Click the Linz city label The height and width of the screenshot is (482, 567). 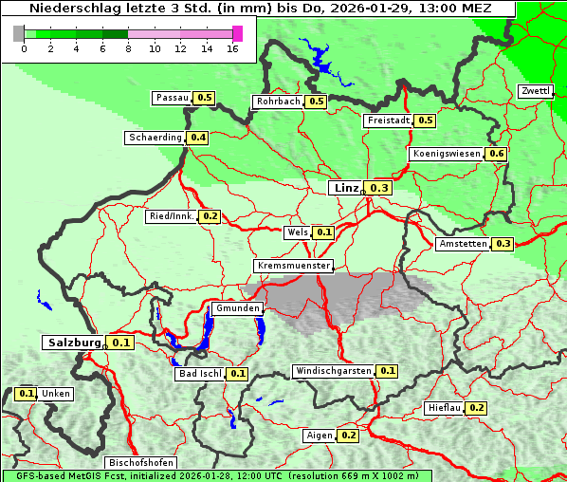point(345,188)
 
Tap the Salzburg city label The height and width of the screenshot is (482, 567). point(73,343)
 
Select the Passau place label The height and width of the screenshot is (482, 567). point(173,98)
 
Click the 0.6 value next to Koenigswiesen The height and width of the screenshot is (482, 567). point(497,154)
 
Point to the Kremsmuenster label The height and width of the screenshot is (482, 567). point(294,266)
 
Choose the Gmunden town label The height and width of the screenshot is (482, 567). point(237,308)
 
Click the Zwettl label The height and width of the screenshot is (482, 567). point(536,91)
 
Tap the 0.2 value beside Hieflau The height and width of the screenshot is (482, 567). point(477,408)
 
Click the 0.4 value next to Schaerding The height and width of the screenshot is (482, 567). point(198,138)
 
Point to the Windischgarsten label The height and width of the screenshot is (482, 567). point(333,371)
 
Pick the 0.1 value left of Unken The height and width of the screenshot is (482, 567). point(27,393)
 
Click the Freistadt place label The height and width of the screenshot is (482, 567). point(387,120)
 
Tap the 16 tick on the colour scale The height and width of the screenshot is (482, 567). point(232,48)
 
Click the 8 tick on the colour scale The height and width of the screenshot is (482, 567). point(128,48)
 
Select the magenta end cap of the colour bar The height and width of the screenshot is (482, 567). point(237,33)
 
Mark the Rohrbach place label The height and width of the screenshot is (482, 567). point(278,102)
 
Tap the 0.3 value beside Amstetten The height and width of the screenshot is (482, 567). point(503,244)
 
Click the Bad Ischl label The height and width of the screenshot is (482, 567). point(200,374)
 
